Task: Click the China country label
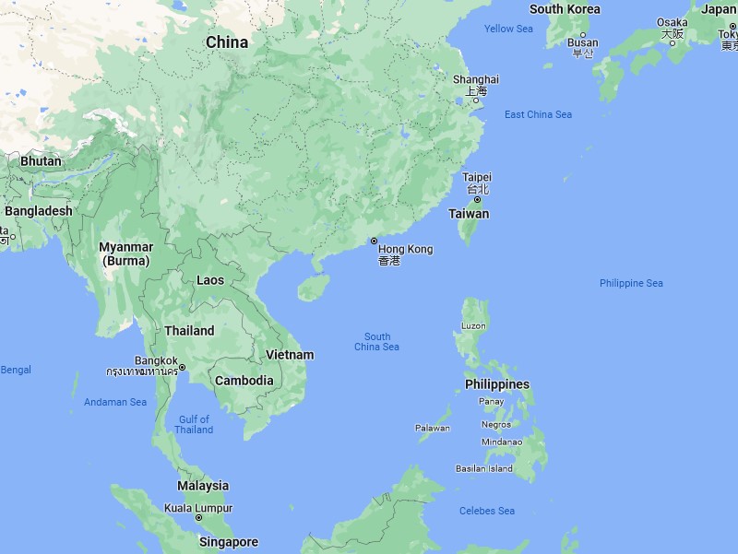[226, 42]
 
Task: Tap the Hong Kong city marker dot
[374, 241]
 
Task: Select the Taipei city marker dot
[477, 200]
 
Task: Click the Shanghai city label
[476, 79]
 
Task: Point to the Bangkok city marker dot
[183, 368]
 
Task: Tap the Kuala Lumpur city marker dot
[198, 518]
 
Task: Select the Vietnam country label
[290, 355]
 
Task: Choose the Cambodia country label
[244, 381]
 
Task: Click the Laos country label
[210, 280]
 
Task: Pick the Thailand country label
[189, 331]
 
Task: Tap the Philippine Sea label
[631, 283]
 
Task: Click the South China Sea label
[376, 342]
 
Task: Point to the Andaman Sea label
[115, 402]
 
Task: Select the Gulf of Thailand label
[194, 425]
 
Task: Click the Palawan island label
[432, 428]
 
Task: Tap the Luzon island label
[474, 326]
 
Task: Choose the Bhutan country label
[41, 161]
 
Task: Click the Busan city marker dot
[582, 35]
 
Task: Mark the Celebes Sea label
[487, 511]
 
